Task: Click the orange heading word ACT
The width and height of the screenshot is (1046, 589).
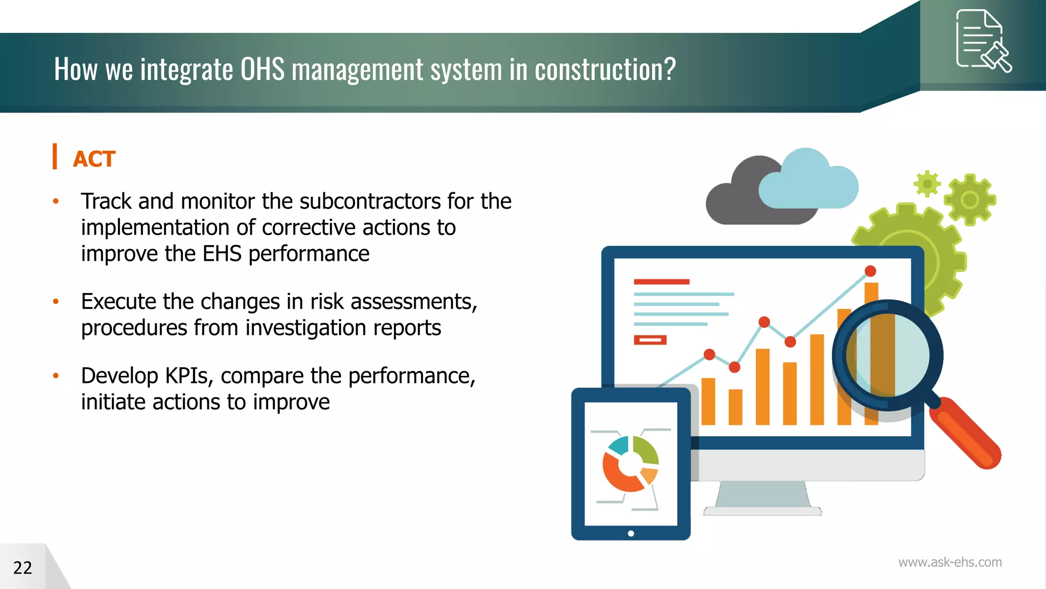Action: tap(94, 159)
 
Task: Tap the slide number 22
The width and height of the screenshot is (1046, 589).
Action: tap(22, 568)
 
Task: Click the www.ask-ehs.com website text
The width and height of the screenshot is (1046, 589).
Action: tap(949, 562)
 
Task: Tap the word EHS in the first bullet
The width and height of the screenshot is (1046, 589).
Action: tap(222, 254)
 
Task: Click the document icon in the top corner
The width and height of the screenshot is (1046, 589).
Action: tap(982, 41)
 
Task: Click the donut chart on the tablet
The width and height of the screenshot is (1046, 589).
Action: tap(630, 463)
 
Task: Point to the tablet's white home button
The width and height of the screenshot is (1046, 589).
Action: tap(631, 533)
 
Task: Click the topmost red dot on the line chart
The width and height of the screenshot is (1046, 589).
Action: tap(870, 271)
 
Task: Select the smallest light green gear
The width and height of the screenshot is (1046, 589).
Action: tap(927, 183)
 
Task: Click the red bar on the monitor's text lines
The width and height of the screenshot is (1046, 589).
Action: tap(661, 282)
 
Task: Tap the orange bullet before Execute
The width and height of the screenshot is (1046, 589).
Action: tap(56, 302)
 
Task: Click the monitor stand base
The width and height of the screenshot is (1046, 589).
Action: tap(763, 511)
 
